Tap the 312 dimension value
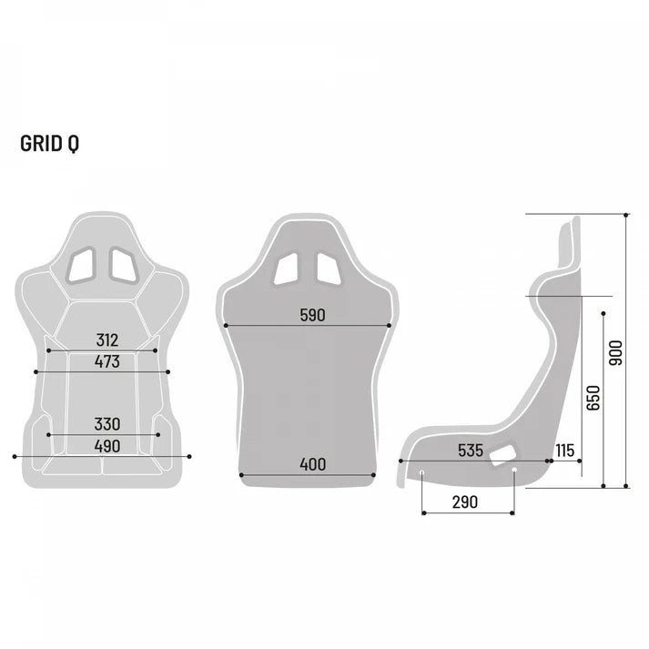tap(106, 340)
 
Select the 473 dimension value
tap(106, 362)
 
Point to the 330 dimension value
tap(106, 425)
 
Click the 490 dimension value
tap(106, 446)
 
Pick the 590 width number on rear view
tap(312, 316)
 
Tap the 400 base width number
tap(312, 464)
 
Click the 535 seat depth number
tap(470, 451)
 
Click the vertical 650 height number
tap(593, 398)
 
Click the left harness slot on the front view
tap(82, 262)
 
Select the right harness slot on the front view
tap(122, 262)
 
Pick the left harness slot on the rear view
tap(289, 267)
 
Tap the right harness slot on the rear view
tap(330, 267)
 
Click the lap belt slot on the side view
tap(502, 454)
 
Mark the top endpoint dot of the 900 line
tap(626, 215)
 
